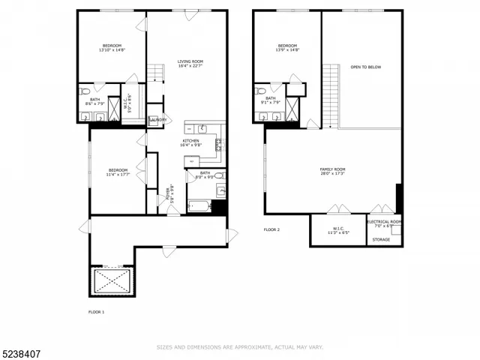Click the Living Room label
tap(190, 64)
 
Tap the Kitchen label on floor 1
tap(190, 142)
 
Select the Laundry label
tap(157, 119)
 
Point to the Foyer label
tap(170, 195)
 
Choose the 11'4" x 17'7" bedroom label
tap(117, 172)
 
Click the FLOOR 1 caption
tap(97, 311)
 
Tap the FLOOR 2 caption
tap(271, 229)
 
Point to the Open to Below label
tap(365, 67)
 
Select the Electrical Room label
tap(384, 223)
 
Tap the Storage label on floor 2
tap(381, 239)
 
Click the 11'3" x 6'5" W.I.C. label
tap(338, 230)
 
